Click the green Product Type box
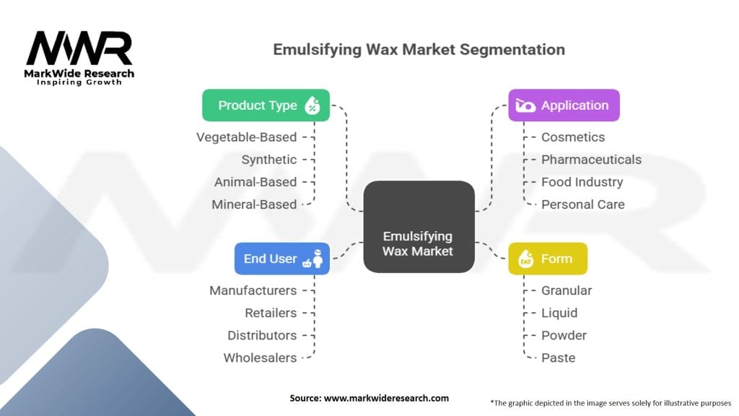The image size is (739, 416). coord(266,105)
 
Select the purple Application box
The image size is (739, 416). coord(564,105)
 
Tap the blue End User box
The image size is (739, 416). coord(282,259)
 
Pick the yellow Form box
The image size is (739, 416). coord(548,259)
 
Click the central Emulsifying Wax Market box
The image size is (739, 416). coord(419,226)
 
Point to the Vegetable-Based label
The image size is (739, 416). coord(247,137)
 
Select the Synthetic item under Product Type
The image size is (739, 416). coord(269,160)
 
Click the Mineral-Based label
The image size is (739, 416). coord(254,204)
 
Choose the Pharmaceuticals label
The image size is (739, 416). coord(591,160)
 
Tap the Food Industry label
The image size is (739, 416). coord(582,182)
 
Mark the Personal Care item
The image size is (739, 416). coord(583,204)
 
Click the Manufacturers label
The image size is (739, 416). coord(253,290)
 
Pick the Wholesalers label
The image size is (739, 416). coord(260,358)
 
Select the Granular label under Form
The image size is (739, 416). coord(567,290)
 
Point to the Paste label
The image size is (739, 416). coord(558,358)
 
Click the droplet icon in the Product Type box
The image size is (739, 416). coord(312,105)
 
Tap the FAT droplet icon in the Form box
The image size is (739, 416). coord(525,259)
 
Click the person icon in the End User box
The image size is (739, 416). coord(318,259)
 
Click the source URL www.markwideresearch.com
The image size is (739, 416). coord(387,398)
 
